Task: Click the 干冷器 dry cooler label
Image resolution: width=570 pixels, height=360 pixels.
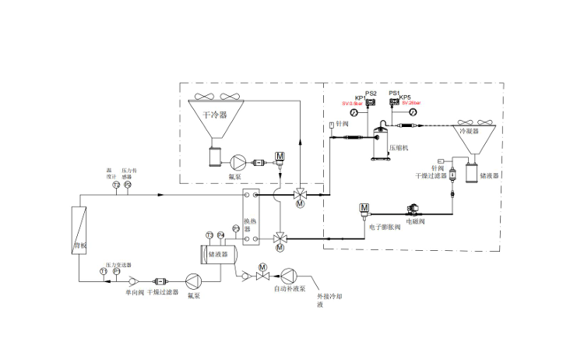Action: click(214, 114)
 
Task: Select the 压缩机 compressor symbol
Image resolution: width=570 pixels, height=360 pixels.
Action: click(382, 139)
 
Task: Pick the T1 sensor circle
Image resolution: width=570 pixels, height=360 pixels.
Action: click(103, 271)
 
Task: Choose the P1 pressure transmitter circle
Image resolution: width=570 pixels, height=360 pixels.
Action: click(116, 271)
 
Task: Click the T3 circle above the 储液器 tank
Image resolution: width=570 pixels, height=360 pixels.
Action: click(209, 235)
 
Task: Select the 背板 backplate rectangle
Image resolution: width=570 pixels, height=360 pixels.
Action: click(78, 230)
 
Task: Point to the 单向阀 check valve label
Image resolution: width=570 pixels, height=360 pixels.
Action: click(134, 292)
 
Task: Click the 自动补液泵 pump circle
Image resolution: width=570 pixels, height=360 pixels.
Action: click(290, 274)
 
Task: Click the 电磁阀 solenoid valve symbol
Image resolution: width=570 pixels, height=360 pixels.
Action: click(414, 208)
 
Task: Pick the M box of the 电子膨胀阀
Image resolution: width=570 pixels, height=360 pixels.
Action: click(364, 207)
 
